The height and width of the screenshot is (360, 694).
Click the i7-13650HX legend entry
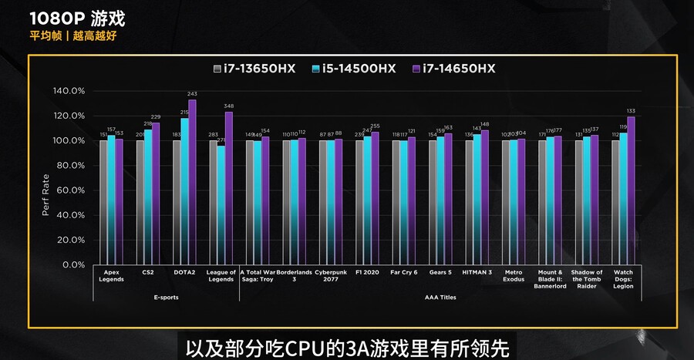tap(254, 69)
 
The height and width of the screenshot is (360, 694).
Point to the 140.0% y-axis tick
tap(69, 91)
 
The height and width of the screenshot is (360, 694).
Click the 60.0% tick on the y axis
tap(72, 190)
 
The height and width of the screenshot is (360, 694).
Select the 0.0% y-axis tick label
tap(74, 264)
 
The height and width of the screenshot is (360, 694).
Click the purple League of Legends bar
tap(228, 188)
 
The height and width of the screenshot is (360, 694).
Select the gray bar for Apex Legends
tap(104, 202)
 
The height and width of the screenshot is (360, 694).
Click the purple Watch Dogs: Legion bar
tap(631, 190)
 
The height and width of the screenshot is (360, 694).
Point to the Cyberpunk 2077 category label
tap(331, 275)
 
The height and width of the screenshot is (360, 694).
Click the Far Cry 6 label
tap(404, 272)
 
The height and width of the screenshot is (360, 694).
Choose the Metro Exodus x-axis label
tap(514, 275)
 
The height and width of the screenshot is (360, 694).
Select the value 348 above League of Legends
tap(228, 106)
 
